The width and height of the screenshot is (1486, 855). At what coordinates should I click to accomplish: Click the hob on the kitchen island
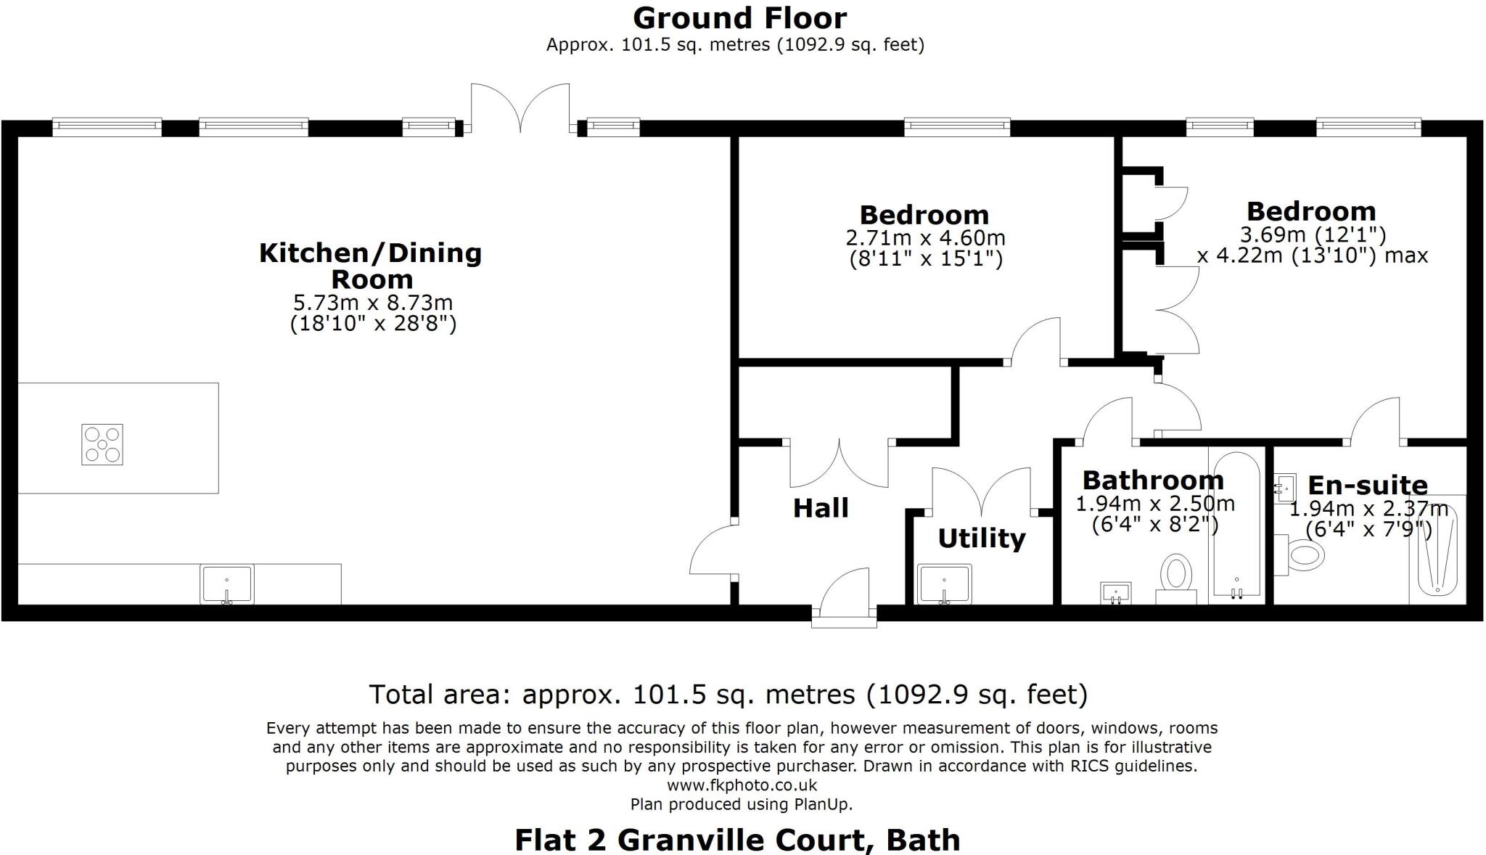pyautogui.click(x=102, y=444)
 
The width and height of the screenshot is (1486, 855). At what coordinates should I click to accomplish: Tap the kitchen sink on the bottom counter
pyautogui.click(x=227, y=584)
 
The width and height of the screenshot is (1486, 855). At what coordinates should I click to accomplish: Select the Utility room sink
pyautogui.click(x=945, y=584)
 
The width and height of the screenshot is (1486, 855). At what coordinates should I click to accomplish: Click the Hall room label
pyautogui.click(x=821, y=508)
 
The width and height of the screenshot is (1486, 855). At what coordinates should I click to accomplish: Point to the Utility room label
pyautogui.click(x=982, y=539)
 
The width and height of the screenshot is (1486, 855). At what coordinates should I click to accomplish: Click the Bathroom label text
pyautogui.click(x=1153, y=480)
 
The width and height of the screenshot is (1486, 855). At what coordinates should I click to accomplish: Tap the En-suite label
pyautogui.click(x=1368, y=485)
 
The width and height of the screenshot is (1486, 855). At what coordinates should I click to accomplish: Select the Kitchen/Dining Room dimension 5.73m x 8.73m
pyautogui.click(x=373, y=302)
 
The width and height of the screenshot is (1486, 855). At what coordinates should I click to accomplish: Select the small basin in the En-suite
pyautogui.click(x=1285, y=488)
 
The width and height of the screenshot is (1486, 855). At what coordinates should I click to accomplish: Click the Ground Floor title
pyautogui.click(x=739, y=18)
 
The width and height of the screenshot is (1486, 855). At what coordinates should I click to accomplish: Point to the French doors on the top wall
pyautogui.click(x=520, y=109)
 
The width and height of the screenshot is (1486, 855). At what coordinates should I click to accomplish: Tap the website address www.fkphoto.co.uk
pyautogui.click(x=742, y=785)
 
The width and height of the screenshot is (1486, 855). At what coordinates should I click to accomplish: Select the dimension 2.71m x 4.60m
pyautogui.click(x=925, y=237)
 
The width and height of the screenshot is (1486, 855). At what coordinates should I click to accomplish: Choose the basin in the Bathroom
pyautogui.click(x=1116, y=593)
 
